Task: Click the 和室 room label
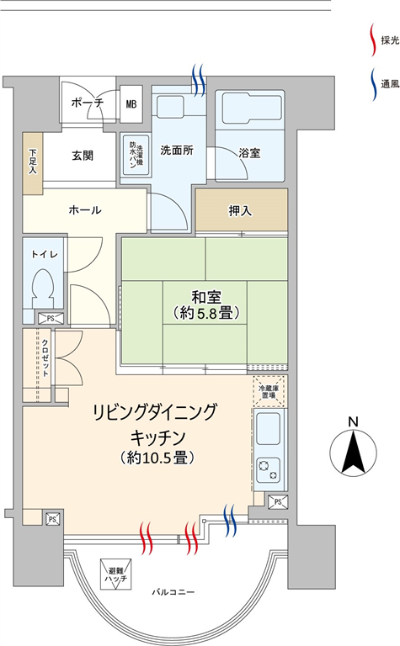(206, 297)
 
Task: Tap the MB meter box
(131, 103)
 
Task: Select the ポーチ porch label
(87, 102)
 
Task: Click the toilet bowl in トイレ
(43, 284)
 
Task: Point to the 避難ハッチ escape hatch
(116, 574)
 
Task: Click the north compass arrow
(353, 451)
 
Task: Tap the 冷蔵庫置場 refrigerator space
(269, 391)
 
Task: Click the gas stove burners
(269, 469)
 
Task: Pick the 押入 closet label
(240, 211)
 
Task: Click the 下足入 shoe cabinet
(33, 163)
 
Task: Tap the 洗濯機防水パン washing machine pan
(136, 156)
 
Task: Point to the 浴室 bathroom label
(249, 153)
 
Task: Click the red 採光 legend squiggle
(373, 40)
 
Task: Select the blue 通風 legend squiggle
(373, 84)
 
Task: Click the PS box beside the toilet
(51, 319)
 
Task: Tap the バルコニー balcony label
(173, 592)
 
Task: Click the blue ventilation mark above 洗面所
(199, 81)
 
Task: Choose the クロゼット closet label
(45, 357)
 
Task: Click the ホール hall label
(85, 210)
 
